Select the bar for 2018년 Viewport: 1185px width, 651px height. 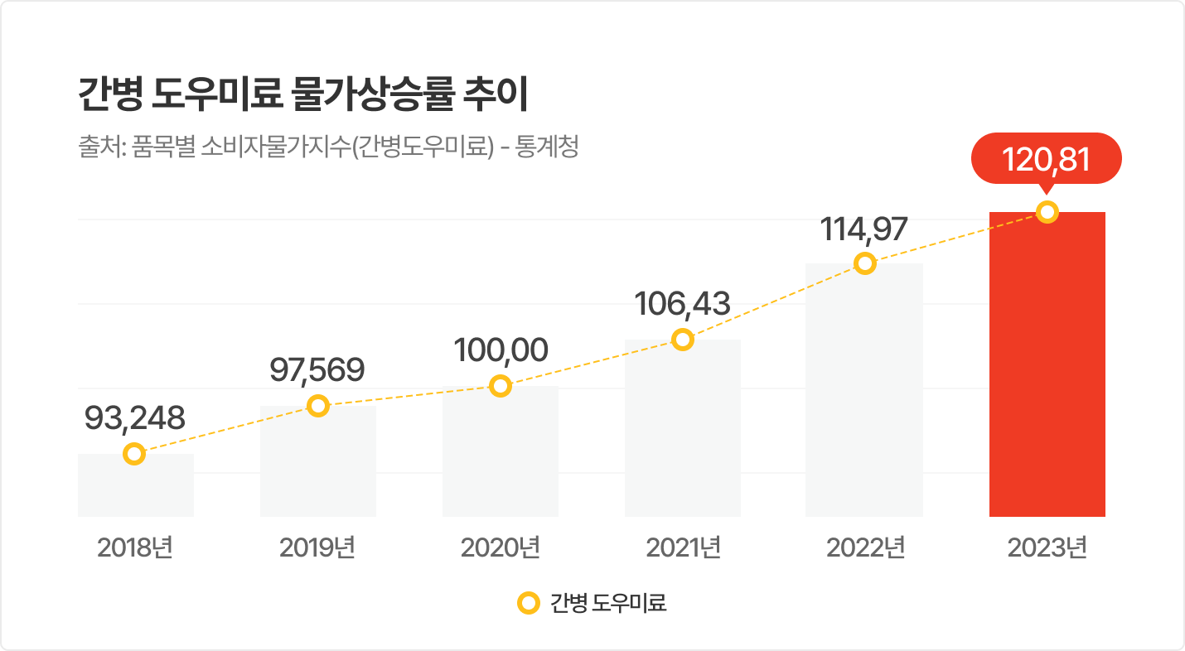(x=136, y=489)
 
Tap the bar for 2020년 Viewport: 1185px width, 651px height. (x=501, y=456)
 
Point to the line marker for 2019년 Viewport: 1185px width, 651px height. (x=318, y=406)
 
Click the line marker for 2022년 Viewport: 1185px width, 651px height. (x=864, y=263)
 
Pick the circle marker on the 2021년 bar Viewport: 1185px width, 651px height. (x=682, y=340)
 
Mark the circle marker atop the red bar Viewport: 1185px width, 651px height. (x=1047, y=213)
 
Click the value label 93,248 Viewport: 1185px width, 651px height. (x=135, y=418)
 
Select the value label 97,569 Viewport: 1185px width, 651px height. (x=317, y=370)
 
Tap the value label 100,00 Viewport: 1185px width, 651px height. (x=501, y=350)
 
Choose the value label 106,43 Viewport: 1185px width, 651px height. (x=682, y=303)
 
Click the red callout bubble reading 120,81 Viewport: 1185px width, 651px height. (x=1046, y=158)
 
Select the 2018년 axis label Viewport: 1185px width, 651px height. (x=135, y=548)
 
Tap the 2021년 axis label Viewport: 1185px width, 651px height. (x=683, y=548)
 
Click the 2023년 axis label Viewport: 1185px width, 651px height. (x=1047, y=548)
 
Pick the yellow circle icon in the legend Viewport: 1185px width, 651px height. (x=527, y=603)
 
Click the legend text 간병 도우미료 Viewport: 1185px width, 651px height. (x=608, y=603)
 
